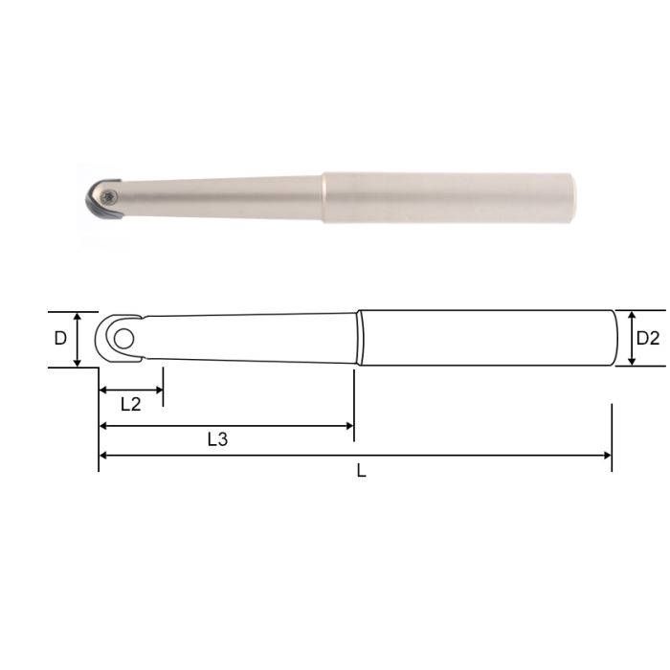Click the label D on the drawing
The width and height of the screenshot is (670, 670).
point(60,338)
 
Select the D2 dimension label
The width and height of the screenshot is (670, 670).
point(648,338)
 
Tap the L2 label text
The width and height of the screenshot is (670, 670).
point(130,404)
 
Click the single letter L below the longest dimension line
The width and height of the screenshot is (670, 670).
point(361,471)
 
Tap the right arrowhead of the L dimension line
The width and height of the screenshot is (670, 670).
point(606,456)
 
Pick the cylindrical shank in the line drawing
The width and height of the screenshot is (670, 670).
point(483,338)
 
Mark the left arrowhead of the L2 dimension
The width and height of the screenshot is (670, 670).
point(103,390)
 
